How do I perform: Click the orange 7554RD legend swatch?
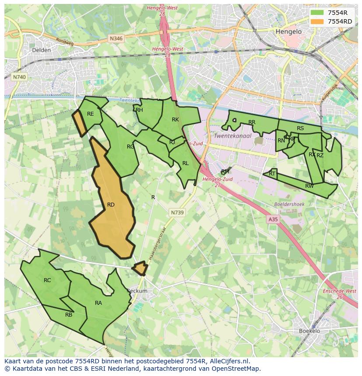pyautogui.click(x=318, y=21)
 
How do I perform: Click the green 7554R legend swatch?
pyautogui.click(x=318, y=13)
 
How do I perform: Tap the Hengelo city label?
pyautogui.click(x=289, y=32)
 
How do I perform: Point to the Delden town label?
pyautogui.click(x=42, y=50)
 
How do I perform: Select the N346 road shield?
pyautogui.click(x=116, y=38)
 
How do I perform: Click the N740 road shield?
pyautogui.click(x=19, y=77)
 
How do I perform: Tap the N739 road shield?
pyautogui.click(x=177, y=212)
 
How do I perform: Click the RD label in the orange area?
pyautogui.click(x=111, y=204)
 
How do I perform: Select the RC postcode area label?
pyautogui.click(x=47, y=280)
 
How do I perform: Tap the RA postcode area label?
pyautogui.click(x=98, y=303)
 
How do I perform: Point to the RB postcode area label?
pyautogui.click(x=69, y=314)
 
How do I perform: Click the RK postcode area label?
pyautogui.click(x=175, y=119)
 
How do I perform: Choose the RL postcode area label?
pyautogui.click(x=185, y=163)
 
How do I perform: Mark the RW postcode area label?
pyautogui.click(x=309, y=186)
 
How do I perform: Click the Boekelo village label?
pyautogui.click(x=310, y=331)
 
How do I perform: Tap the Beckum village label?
pyautogui.click(x=137, y=291)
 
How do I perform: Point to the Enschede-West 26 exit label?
pyautogui.click(x=339, y=294)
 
